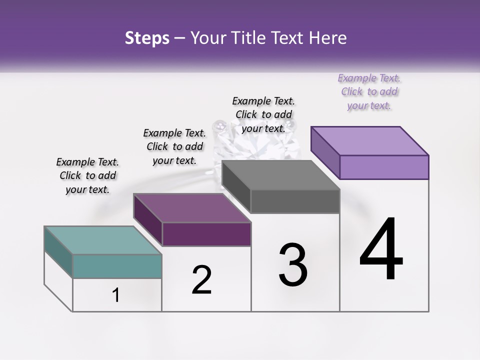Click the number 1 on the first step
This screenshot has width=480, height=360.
(x=116, y=295)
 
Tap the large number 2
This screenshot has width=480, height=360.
(x=201, y=280)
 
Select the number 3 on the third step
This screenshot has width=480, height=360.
(x=292, y=265)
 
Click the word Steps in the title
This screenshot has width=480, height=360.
(x=147, y=38)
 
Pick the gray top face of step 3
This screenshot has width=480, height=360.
(x=280, y=175)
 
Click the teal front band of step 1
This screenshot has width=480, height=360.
(x=117, y=266)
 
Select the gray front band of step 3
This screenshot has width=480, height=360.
(x=295, y=201)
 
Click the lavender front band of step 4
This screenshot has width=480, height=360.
(x=384, y=166)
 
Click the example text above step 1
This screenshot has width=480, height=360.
(x=87, y=175)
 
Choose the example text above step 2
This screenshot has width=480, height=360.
(x=174, y=146)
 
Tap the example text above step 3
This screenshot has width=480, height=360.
(x=263, y=114)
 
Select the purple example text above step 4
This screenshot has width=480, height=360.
(x=369, y=91)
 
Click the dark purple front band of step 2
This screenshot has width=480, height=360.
(x=206, y=234)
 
